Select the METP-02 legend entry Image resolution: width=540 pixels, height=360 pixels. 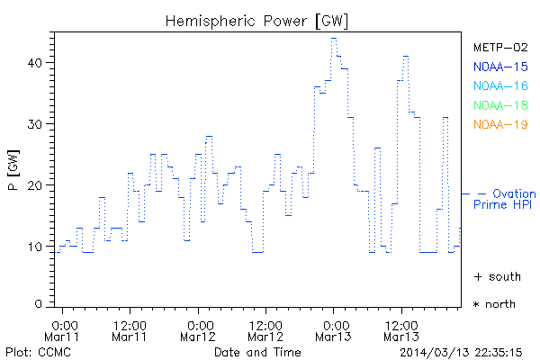pyautogui.click(x=499, y=47)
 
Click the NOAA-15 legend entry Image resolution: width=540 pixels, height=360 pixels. pyautogui.click(x=499, y=67)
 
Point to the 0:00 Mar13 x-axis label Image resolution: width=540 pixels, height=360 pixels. pyautogui.click(x=333, y=329)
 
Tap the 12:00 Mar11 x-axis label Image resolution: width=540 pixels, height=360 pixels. pyautogui.click(x=130, y=329)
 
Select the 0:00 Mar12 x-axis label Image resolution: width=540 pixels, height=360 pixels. pyautogui.click(x=199, y=329)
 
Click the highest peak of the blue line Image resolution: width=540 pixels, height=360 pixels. pyautogui.click(x=334, y=38)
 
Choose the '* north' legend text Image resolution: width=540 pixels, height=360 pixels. pyautogui.click(x=495, y=304)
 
